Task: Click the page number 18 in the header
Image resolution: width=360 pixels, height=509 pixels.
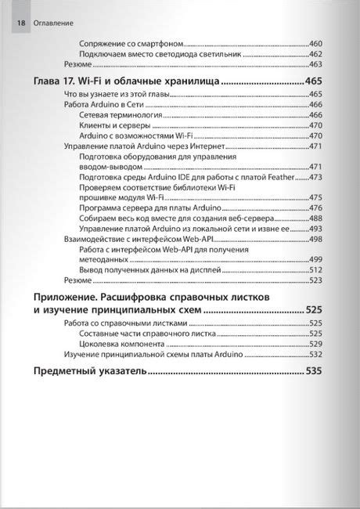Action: click(x=20, y=23)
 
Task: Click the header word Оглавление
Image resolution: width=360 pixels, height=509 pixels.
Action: click(x=54, y=23)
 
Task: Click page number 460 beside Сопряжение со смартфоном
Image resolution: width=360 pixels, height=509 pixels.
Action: click(x=316, y=44)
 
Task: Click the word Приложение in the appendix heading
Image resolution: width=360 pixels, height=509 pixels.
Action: click(x=67, y=298)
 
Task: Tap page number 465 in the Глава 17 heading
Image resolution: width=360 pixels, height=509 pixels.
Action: click(x=314, y=81)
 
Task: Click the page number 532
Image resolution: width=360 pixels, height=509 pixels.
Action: click(x=316, y=354)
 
